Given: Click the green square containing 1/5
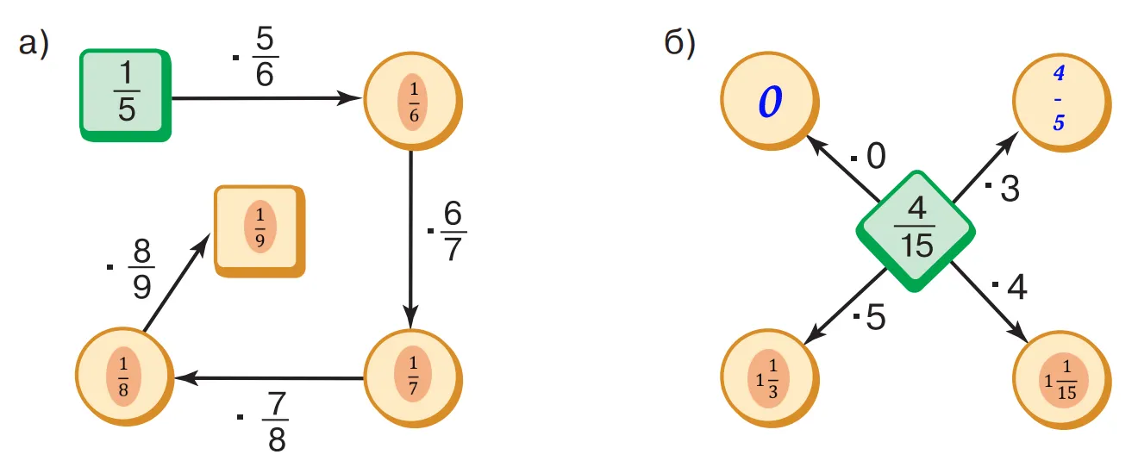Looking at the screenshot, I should point(126,94).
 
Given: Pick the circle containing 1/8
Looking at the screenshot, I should point(123,377).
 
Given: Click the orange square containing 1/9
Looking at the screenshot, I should point(259,229).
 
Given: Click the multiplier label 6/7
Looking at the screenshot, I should point(452,226).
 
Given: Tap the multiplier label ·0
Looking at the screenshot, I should point(870,156).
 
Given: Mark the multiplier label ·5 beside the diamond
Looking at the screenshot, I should point(871,318).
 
